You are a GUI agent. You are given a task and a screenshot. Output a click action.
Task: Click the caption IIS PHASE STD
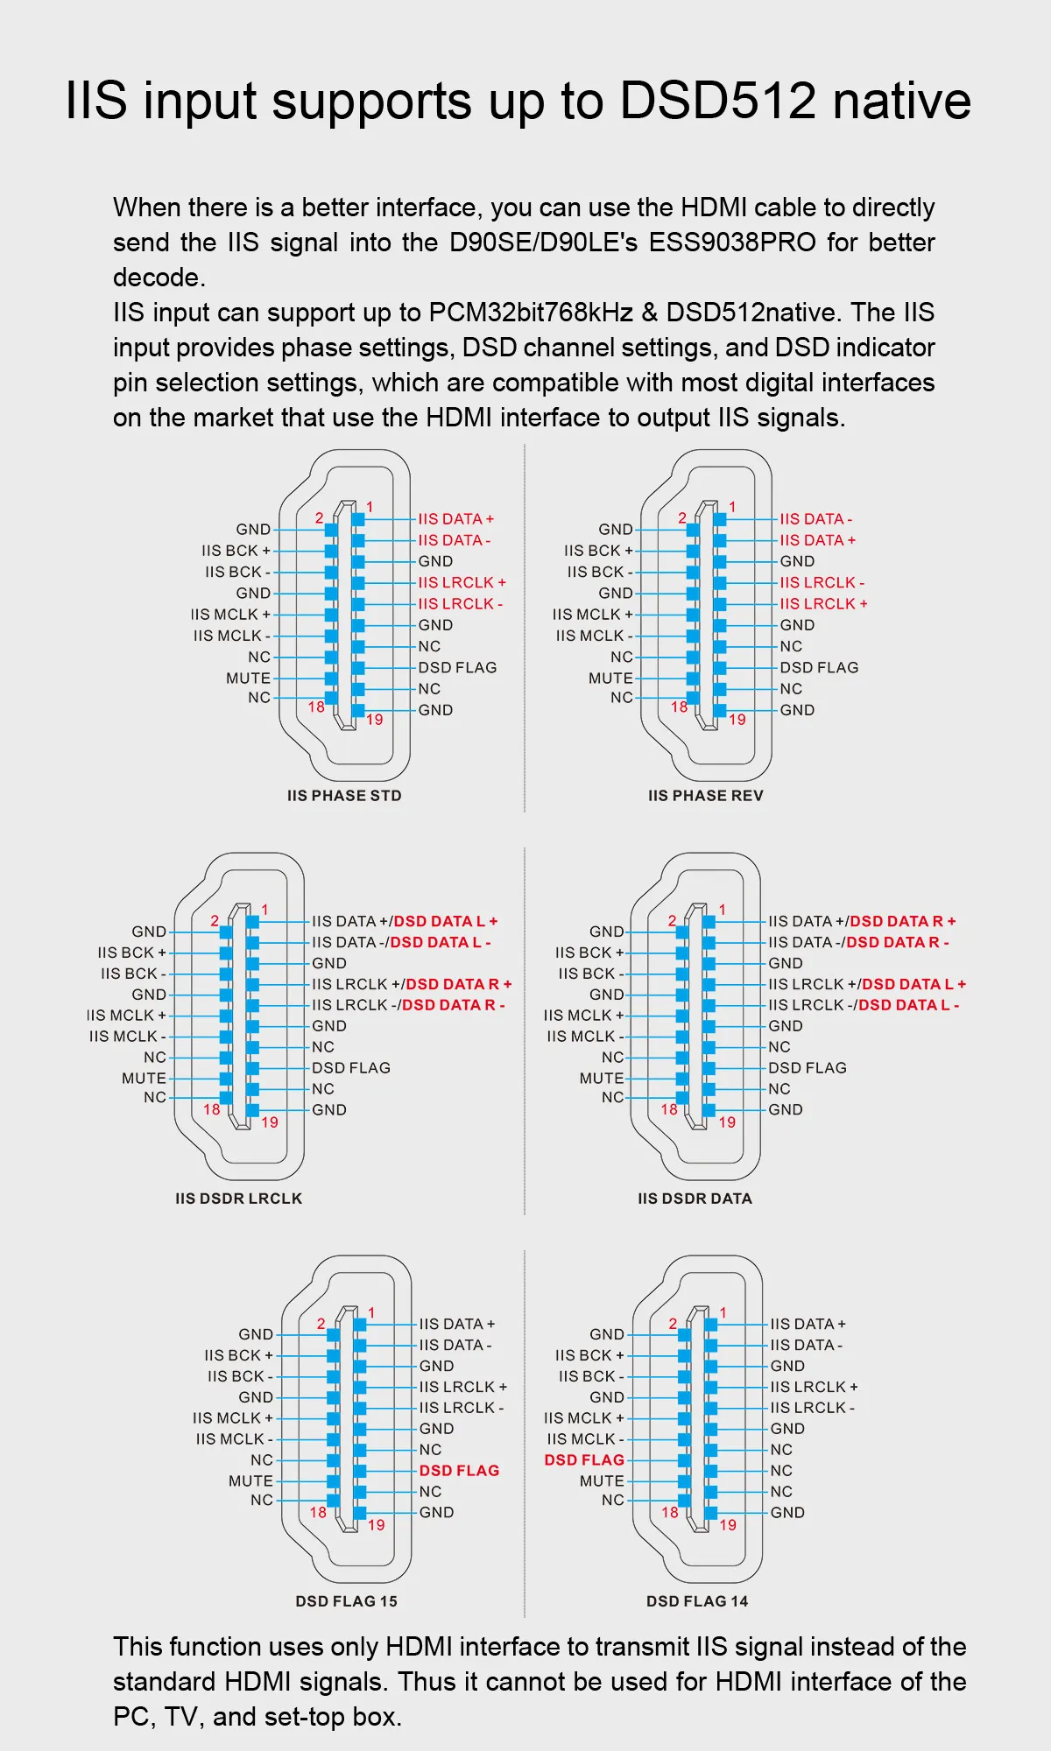click(x=344, y=796)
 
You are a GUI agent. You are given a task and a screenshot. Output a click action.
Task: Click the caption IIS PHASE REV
click(x=706, y=796)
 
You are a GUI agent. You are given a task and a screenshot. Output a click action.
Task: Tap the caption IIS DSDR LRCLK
click(x=238, y=1199)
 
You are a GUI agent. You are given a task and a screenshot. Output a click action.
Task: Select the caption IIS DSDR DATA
click(x=695, y=1199)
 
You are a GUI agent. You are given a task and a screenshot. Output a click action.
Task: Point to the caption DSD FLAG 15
click(x=346, y=1601)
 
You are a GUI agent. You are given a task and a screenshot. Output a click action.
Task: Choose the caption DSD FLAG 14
click(x=697, y=1601)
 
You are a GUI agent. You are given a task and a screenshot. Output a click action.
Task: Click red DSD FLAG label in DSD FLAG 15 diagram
click(x=459, y=1471)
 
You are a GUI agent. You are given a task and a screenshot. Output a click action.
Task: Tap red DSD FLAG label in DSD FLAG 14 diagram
click(x=584, y=1460)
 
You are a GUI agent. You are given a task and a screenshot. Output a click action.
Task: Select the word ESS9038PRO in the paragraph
click(x=732, y=243)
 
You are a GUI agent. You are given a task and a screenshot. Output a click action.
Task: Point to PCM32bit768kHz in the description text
click(x=531, y=313)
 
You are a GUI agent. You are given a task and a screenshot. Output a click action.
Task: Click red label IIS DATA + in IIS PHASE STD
click(x=455, y=519)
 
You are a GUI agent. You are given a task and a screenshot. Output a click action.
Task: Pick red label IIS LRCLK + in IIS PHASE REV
click(x=823, y=604)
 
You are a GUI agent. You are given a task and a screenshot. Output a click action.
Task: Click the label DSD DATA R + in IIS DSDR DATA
click(x=903, y=921)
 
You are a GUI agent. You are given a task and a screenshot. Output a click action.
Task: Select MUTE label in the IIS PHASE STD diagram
click(x=248, y=679)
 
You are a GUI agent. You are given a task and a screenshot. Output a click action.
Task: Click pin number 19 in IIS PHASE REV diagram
click(x=737, y=720)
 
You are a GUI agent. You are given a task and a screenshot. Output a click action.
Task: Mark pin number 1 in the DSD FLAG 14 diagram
click(x=723, y=1312)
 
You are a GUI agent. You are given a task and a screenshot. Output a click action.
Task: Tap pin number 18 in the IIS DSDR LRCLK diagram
click(x=212, y=1109)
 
